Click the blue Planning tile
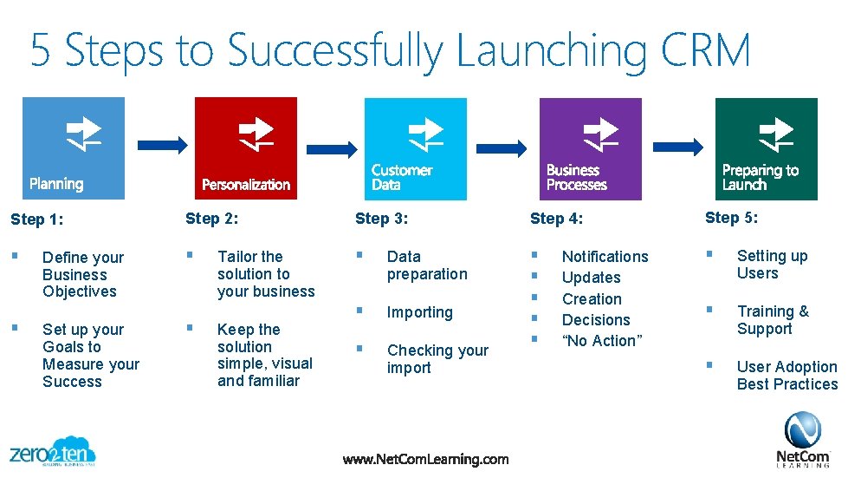pos(74,147)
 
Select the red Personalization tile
pos(246,147)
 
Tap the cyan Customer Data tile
pos(416,148)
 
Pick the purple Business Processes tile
pos(591,148)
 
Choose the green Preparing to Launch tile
pos(766,148)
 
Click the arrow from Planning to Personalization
pos(162,144)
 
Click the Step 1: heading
pos(36,219)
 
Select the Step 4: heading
pos(556,219)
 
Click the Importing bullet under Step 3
pos(419,312)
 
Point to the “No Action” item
pos(602,341)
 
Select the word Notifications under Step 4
pos(605,257)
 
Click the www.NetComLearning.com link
pos(425,459)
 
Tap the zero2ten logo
pos(52,451)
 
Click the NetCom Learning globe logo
pos(802,431)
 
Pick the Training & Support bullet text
pos(772,320)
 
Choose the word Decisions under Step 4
pos(596,320)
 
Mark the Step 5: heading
pos(731,218)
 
